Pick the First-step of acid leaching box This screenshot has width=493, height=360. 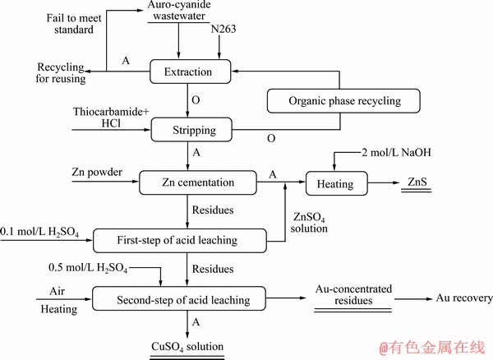click(181, 240)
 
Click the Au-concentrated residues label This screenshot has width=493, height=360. click(354, 296)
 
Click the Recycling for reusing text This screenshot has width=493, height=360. click(32, 72)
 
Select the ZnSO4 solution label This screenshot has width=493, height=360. click(310, 222)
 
